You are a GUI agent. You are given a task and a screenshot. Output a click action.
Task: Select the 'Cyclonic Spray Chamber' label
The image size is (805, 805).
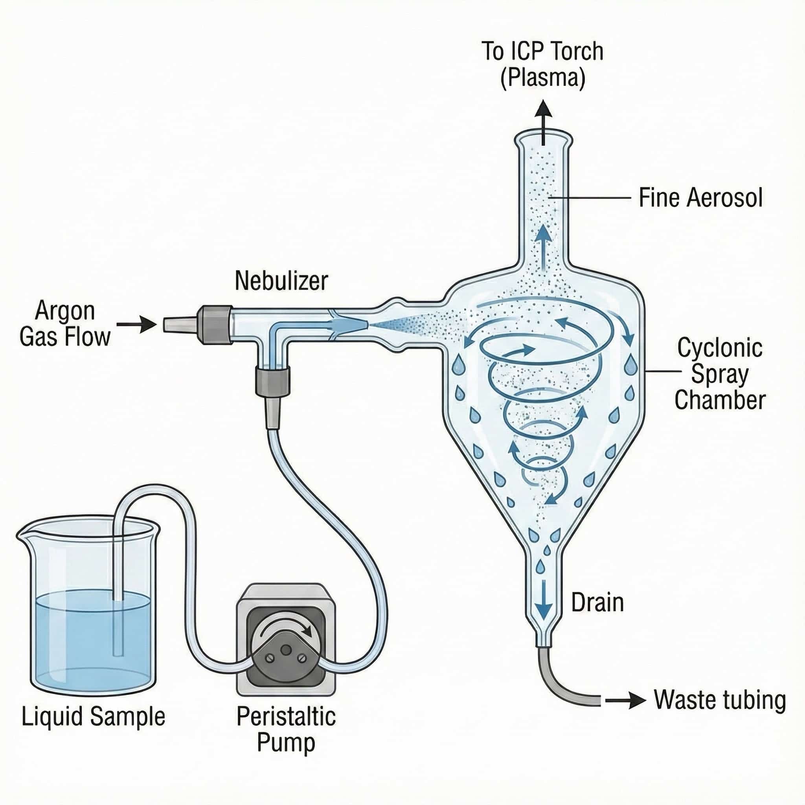point(720,374)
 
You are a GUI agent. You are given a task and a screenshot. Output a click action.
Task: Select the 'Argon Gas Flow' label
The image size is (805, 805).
point(65,324)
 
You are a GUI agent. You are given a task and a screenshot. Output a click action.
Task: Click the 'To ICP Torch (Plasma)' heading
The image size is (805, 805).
point(542,64)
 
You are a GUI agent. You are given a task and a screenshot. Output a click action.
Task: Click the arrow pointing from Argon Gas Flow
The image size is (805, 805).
point(136,324)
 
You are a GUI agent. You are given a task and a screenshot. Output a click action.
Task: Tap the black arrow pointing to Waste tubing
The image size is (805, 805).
point(625,701)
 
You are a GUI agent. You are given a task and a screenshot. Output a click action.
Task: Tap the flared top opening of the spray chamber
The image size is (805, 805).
point(542,138)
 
